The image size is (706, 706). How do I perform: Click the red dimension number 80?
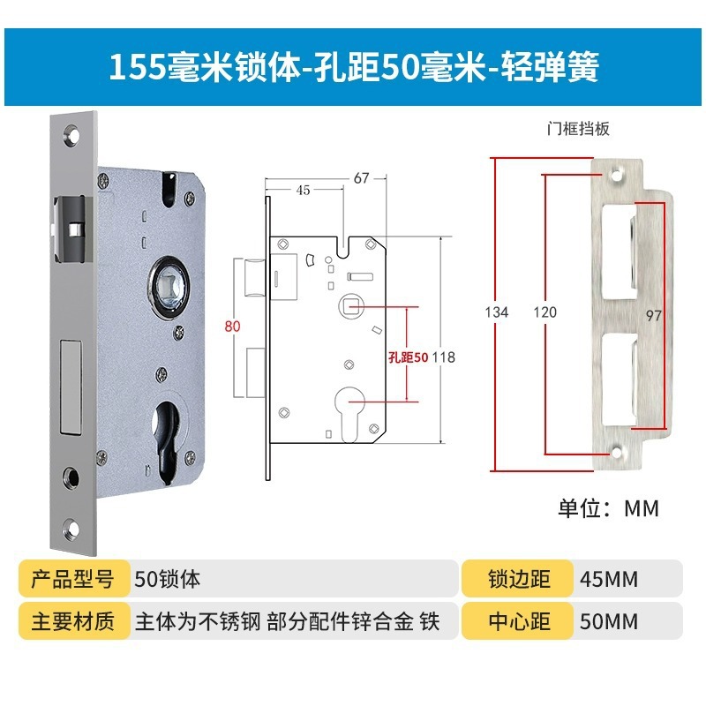click(233, 326)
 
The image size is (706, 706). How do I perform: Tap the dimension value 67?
click(361, 177)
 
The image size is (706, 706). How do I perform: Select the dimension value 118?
click(443, 357)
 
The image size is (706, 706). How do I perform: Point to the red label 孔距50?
click(408, 357)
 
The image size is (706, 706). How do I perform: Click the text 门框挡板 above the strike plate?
click(578, 128)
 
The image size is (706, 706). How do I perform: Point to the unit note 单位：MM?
click(608, 507)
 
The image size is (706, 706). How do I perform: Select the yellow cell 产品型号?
click(73, 580)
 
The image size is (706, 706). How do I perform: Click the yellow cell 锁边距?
click(518, 580)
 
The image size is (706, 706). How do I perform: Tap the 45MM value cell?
click(609, 580)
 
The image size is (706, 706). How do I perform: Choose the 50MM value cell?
click(609, 621)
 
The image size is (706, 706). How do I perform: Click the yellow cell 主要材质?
click(73, 621)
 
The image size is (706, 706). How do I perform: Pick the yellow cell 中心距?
click(518, 621)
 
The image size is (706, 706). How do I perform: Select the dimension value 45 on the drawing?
click(303, 189)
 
